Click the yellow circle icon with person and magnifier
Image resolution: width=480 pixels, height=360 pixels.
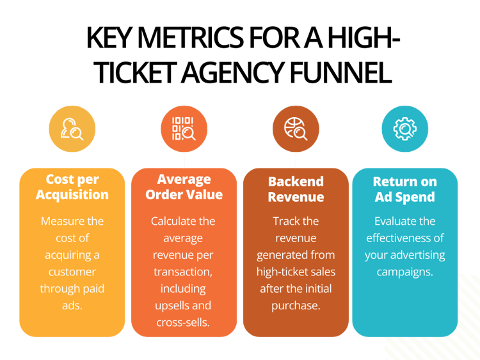click(x=72, y=129)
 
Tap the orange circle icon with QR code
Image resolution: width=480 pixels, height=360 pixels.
click(x=183, y=129)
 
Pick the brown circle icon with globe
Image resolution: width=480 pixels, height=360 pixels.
click(x=295, y=129)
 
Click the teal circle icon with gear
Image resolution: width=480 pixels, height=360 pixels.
click(x=405, y=129)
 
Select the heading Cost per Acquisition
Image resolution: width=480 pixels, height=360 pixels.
click(x=72, y=187)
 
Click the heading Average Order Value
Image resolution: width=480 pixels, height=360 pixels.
click(x=184, y=187)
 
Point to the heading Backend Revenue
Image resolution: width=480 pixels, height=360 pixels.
click(x=295, y=189)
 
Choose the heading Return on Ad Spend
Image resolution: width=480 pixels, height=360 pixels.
click(x=405, y=189)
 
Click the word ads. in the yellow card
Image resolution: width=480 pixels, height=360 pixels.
click(x=72, y=305)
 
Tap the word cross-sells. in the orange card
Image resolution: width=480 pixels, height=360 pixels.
click(x=184, y=322)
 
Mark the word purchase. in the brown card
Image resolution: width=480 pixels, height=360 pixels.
click(x=295, y=305)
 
